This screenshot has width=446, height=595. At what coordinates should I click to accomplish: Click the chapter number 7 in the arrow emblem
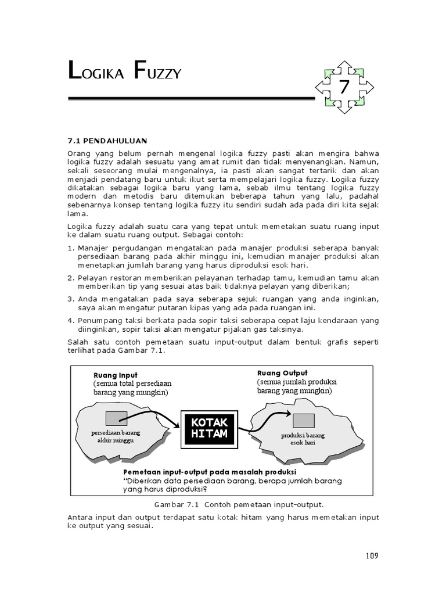[x=344, y=88]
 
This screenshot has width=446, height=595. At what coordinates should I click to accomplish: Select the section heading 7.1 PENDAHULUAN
[x=108, y=141]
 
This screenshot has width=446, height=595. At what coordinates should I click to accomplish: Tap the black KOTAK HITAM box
[x=210, y=429]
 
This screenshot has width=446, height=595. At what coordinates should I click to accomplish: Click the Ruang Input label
[x=116, y=375]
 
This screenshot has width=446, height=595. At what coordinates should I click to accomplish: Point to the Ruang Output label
[x=282, y=373]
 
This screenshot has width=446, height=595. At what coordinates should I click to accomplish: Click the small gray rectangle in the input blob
[x=116, y=418]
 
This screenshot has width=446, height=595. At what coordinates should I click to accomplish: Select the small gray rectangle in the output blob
[x=303, y=420]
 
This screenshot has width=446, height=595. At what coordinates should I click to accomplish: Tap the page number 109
[x=372, y=555]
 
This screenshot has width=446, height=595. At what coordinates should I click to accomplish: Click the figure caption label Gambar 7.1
[x=176, y=504]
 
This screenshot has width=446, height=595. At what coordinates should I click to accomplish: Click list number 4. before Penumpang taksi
[x=71, y=320]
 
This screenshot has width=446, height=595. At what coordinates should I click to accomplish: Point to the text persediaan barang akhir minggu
[x=116, y=437]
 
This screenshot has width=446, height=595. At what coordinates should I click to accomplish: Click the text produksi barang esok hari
[x=303, y=439]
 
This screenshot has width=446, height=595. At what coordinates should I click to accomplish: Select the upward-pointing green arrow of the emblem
[x=344, y=66]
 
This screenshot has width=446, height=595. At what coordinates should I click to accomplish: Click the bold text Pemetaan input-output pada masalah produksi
[x=210, y=471]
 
